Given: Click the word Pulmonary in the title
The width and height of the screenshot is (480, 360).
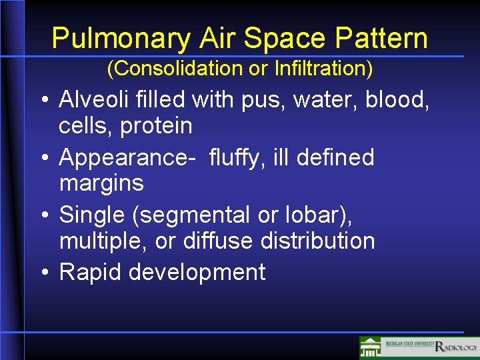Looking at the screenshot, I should [121, 39].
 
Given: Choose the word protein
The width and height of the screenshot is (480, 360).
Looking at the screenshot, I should [157, 125].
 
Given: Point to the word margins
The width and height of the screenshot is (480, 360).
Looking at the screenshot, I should [101, 183].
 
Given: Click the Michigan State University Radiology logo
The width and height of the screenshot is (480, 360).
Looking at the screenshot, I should [419, 347].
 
